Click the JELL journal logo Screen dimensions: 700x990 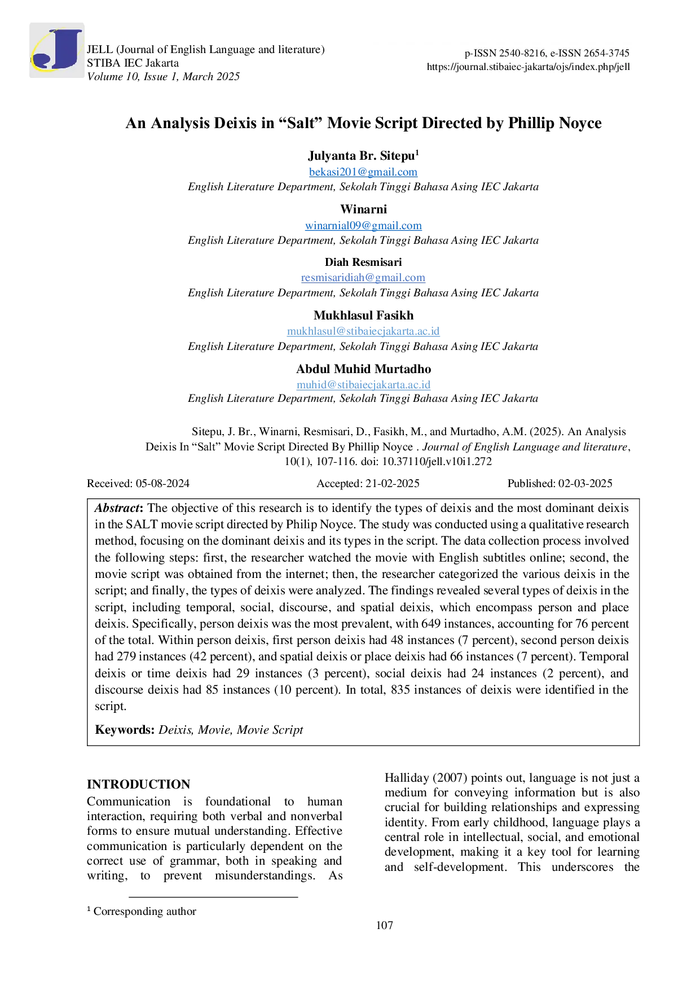(x=56, y=50)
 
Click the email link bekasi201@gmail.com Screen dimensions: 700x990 (x=363, y=172)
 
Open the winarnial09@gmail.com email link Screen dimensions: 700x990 (x=363, y=225)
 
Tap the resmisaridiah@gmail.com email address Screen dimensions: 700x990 (x=363, y=277)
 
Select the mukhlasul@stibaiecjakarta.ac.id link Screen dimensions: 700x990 (x=363, y=331)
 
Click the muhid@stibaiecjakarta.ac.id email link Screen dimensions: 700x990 (x=363, y=384)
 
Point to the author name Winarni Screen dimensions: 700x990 (x=363, y=209)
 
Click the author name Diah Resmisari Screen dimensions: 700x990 (x=363, y=262)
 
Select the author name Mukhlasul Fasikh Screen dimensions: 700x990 (x=363, y=316)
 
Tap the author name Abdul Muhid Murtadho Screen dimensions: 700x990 (x=363, y=369)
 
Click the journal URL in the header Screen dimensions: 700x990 (x=529, y=67)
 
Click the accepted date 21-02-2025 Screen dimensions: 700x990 (x=393, y=483)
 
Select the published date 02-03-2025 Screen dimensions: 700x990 (x=585, y=483)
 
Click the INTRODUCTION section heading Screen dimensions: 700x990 (x=139, y=784)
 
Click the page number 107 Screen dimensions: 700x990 (x=385, y=925)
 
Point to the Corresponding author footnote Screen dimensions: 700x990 (x=142, y=911)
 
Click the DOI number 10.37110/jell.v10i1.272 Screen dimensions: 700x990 (x=437, y=462)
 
